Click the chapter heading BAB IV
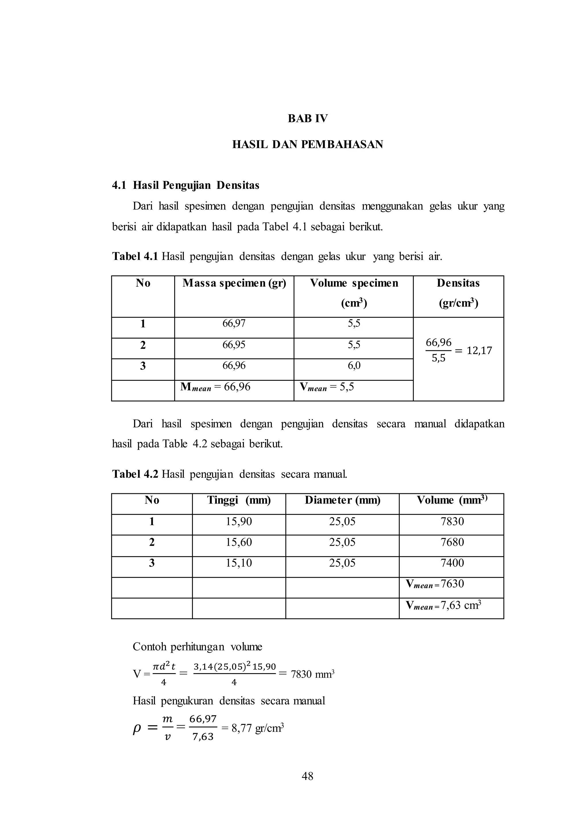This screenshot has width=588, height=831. point(307,118)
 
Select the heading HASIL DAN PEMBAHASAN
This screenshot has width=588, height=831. point(307,144)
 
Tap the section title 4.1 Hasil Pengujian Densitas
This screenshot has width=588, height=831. point(186,185)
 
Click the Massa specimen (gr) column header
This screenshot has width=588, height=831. point(234,283)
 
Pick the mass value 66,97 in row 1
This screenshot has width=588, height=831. point(234,323)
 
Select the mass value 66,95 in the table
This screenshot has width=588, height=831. point(234,345)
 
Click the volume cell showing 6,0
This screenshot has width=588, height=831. point(354,366)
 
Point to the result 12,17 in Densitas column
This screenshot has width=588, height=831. point(479,350)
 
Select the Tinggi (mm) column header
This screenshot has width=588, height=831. point(239,500)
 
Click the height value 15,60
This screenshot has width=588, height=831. point(239,542)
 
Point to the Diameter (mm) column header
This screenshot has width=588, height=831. point(342,500)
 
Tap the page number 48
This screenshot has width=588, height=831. point(307,776)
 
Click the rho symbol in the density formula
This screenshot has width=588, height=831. point(137,729)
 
